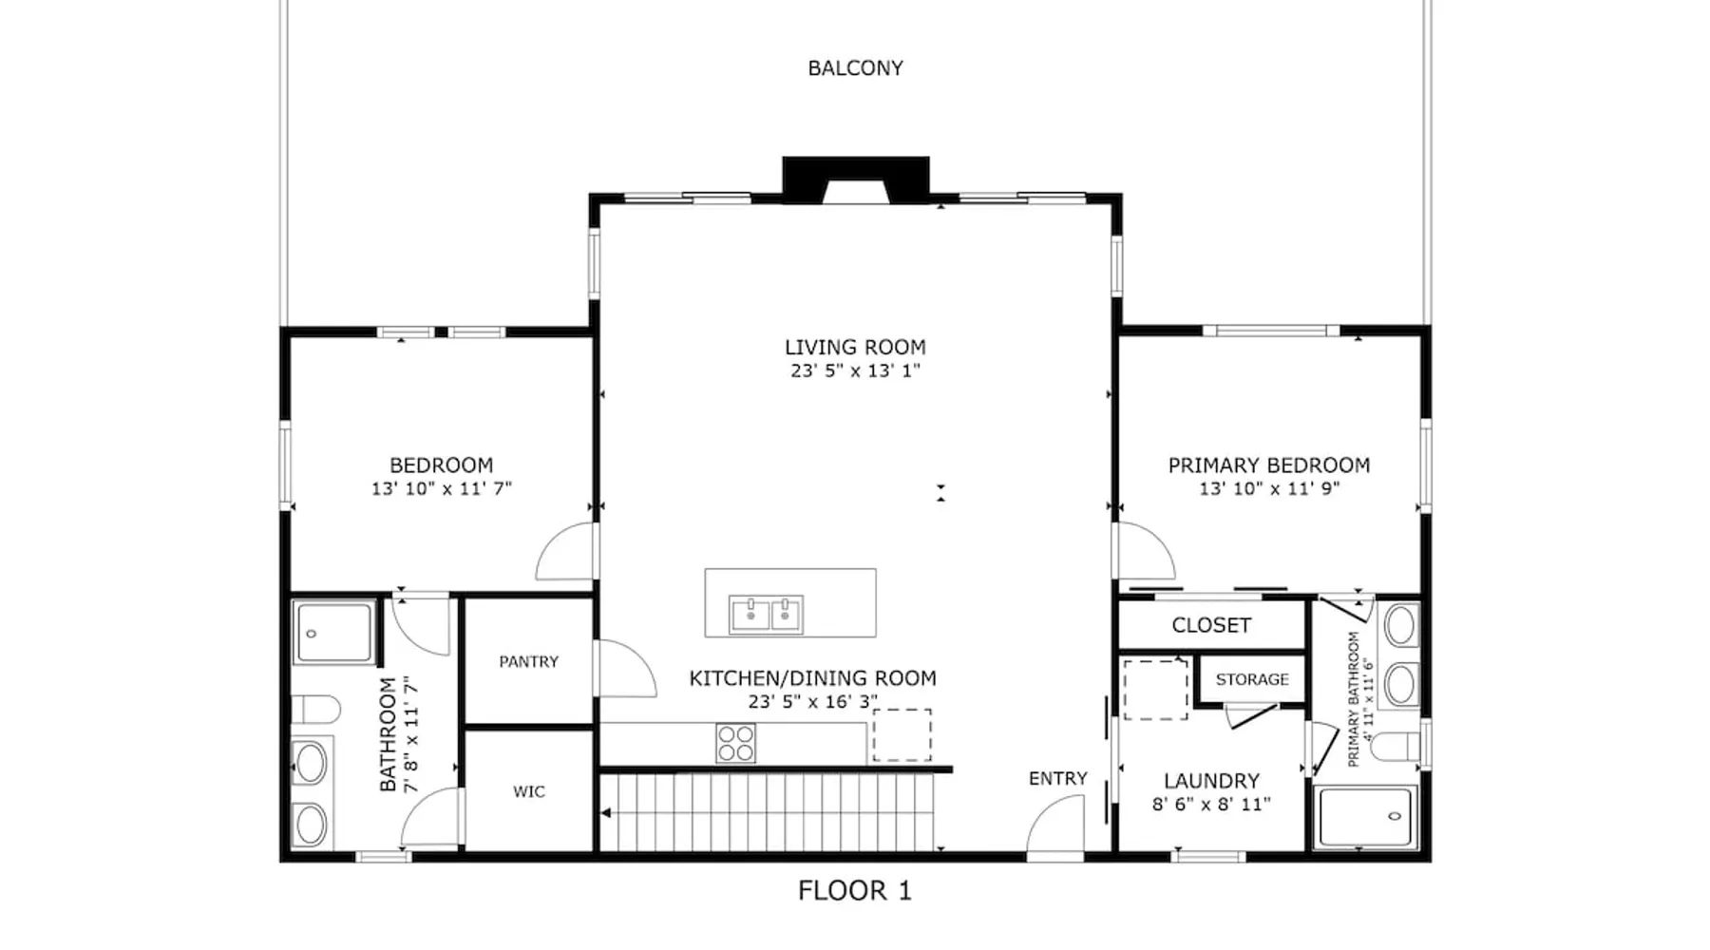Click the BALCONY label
[855, 68]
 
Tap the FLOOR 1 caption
[855, 890]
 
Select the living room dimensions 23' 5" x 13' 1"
[855, 371]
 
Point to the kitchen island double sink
[766, 615]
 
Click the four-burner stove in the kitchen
[735, 743]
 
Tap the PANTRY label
[529, 662]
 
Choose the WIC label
[529, 791]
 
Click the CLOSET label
[1211, 625]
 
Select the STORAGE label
[1252, 679]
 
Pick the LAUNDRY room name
[1211, 781]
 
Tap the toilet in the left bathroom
[315, 710]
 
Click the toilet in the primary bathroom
[1396, 747]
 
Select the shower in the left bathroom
[333, 633]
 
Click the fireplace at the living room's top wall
[855, 180]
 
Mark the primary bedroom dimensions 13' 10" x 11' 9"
[1269, 489]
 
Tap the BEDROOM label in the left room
[442, 465]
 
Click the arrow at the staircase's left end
[606, 813]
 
